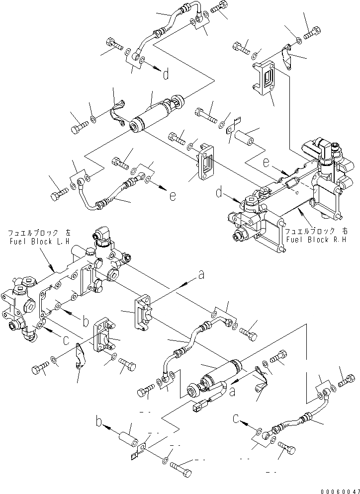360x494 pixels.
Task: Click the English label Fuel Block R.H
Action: [x=311, y=240]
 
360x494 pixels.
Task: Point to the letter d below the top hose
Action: [x=166, y=75]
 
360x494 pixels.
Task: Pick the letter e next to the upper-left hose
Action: [x=172, y=196]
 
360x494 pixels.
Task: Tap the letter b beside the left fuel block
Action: [x=86, y=322]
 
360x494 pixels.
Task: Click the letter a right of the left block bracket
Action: [x=201, y=274]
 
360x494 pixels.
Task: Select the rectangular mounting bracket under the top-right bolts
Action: [x=267, y=78]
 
